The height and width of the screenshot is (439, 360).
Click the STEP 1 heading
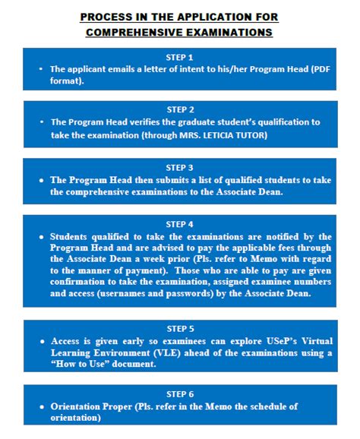pos(180,57)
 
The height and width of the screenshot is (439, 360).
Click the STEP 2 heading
pos(180,109)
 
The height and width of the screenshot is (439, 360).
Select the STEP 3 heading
pos(180,167)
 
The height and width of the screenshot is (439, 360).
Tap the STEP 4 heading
pos(180,224)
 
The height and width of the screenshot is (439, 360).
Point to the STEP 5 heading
pos(180,329)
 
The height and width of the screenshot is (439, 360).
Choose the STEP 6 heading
pos(180,394)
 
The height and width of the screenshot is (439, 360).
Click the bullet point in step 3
pos(42,181)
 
